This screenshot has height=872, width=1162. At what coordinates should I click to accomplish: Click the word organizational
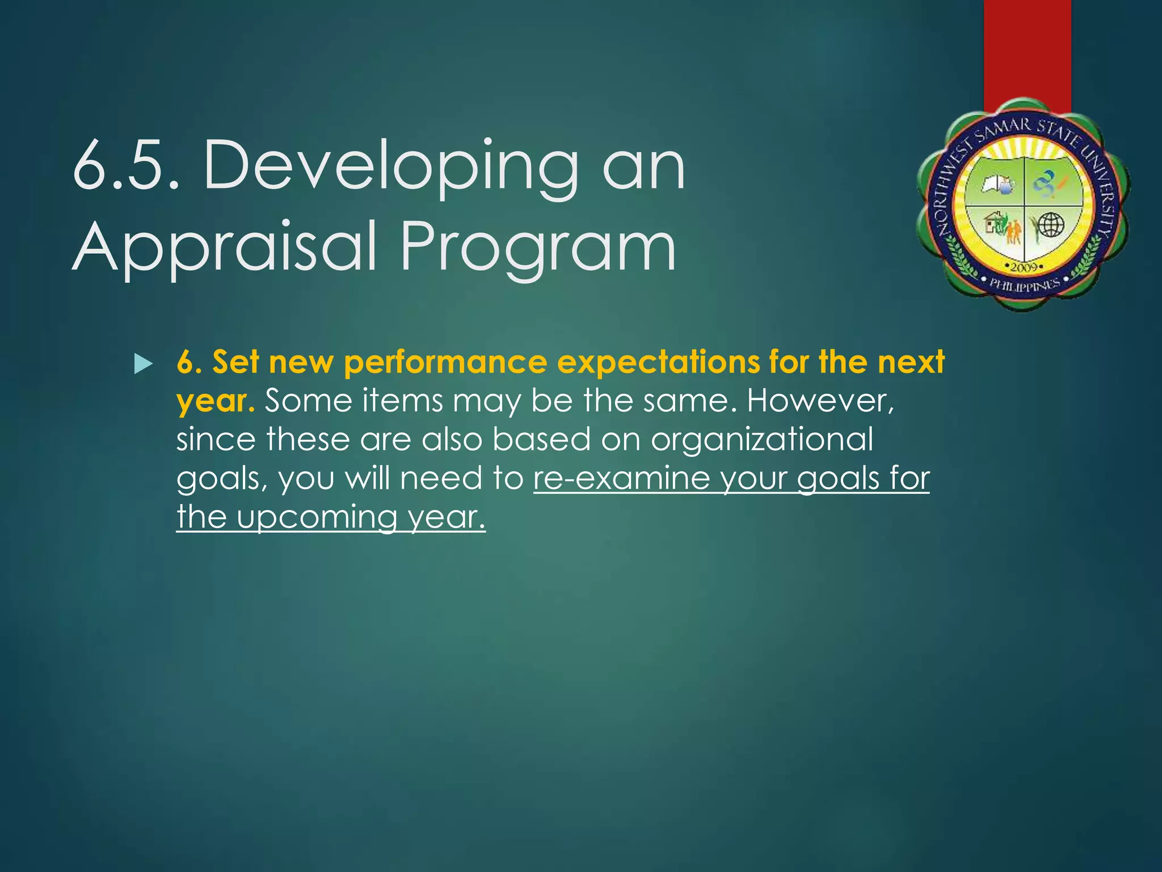tap(761, 441)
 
